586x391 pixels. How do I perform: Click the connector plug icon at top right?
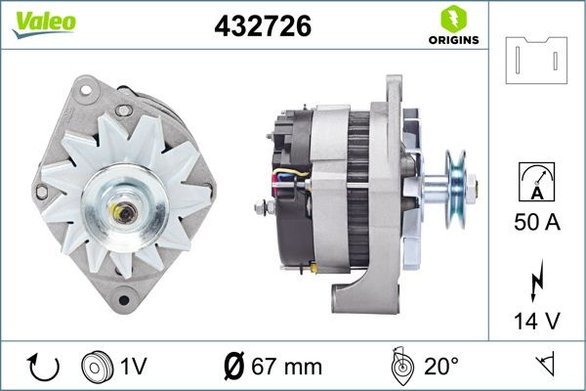536,61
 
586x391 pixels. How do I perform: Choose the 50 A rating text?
536,224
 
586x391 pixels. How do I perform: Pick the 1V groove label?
134,368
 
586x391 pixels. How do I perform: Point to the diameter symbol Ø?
234,368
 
